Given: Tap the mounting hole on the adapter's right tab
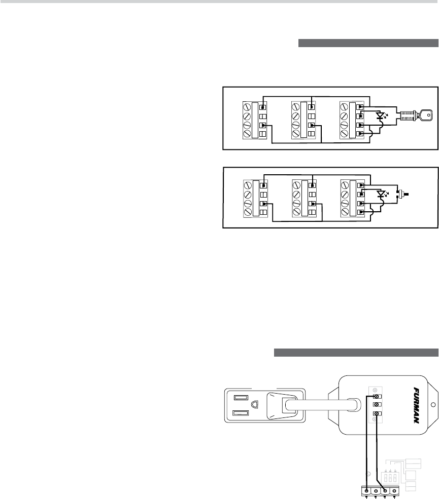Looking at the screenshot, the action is [432, 405].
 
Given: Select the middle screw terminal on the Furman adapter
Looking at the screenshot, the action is [377, 405].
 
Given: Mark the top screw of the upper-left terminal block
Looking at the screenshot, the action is [248, 107].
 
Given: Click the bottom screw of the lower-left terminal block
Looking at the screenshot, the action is [248, 212].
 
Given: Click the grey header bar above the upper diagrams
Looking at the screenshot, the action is [368, 44].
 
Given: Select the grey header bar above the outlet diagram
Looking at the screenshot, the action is [356, 353].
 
